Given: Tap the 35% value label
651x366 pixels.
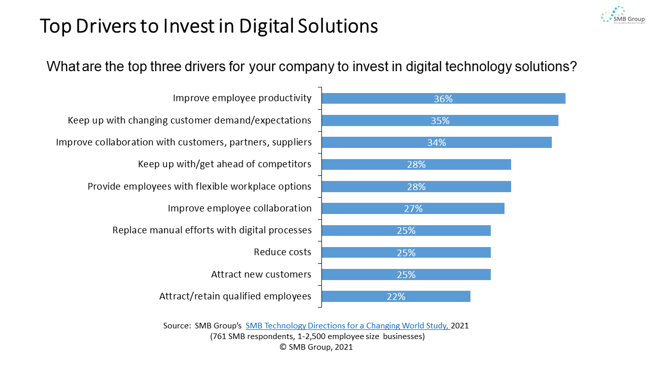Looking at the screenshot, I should (x=440, y=121).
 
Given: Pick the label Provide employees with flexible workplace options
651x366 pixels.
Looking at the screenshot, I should (x=199, y=187).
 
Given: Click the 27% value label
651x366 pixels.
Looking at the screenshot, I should (x=413, y=209).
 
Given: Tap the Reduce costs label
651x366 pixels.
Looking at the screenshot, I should (x=282, y=252).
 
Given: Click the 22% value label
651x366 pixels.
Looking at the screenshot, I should (x=396, y=296).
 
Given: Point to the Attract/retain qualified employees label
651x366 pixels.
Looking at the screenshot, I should (x=235, y=296).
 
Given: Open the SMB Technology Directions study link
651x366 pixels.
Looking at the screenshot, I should (x=348, y=326).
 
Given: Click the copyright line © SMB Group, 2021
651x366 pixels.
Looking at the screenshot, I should (x=316, y=347).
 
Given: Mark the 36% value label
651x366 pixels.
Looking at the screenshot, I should (x=443, y=99).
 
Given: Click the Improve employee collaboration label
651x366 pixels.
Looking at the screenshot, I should (x=240, y=208).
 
